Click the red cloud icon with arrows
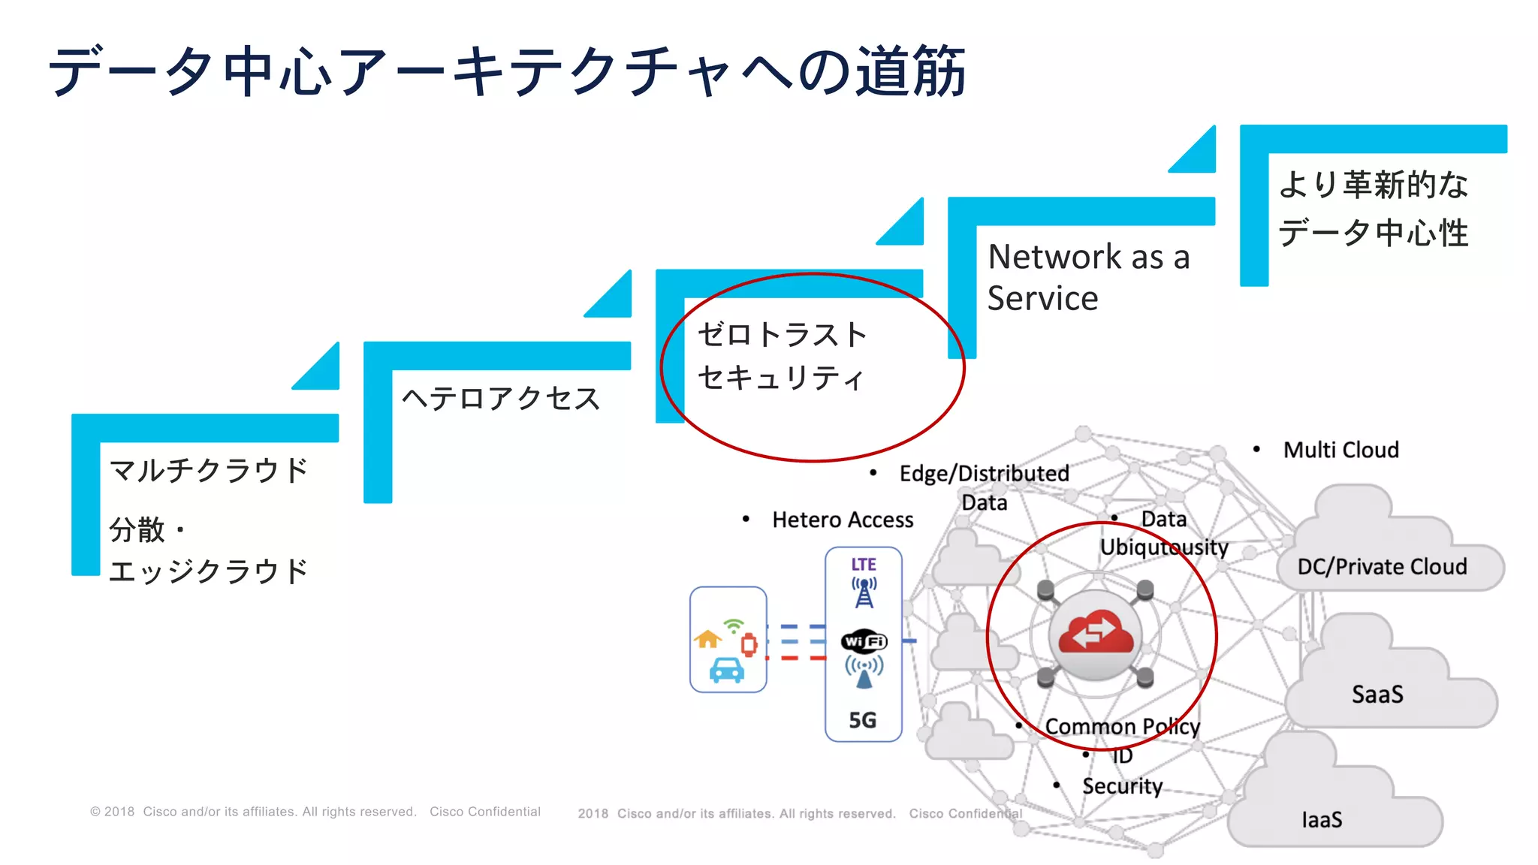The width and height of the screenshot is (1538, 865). coord(1096,633)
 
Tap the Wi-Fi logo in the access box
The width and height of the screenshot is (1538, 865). coord(864,641)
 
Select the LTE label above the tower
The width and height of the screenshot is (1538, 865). coord(864,564)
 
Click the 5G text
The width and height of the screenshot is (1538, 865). coord(863,720)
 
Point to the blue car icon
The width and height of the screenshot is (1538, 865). coord(726,670)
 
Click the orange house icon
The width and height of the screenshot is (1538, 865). coord(707,639)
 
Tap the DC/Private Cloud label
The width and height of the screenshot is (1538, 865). coord(1382,566)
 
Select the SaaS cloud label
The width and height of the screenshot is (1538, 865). coord(1377,694)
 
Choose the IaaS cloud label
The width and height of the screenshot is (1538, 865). coord(1322,819)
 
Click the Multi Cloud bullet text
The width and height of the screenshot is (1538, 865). coord(1340,450)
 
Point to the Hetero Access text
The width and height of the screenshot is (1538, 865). coord(843,520)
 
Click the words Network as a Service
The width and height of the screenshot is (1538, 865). coord(1087,277)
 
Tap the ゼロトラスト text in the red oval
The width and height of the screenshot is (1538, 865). coord(782,335)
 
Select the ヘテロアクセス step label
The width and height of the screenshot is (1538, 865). coord(501,398)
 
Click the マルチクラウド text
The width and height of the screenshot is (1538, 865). coord(209,471)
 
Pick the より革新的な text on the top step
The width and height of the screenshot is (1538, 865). coord(1373,185)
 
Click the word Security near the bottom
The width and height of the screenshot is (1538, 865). coord(1122,785)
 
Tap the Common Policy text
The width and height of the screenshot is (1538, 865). coord(1122,726)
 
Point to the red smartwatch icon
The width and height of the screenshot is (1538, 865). coord(749,644)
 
